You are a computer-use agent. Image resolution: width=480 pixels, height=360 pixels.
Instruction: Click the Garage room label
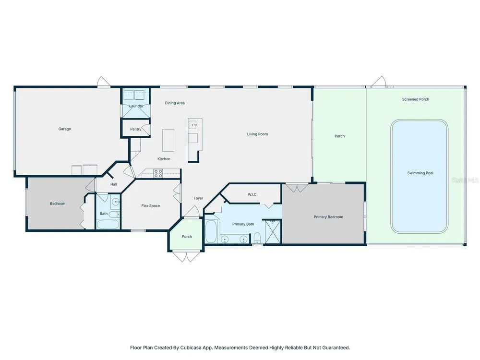click(65, 129)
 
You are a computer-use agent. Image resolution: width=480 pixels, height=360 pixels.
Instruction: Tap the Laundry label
click(136, 106)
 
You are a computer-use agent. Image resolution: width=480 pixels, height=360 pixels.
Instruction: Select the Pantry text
click(136, 129)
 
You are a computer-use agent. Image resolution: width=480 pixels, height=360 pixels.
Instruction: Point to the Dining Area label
click(175, 103)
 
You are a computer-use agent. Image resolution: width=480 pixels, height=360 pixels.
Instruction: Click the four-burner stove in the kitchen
click(158, 173)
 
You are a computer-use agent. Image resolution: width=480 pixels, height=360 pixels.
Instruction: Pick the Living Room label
click(257, 134)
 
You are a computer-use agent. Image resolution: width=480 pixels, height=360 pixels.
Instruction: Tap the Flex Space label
click(151, 206)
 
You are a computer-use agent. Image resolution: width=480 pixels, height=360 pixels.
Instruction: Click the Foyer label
click(198, 198)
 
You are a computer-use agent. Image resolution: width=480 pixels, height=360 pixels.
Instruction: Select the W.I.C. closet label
click(252, 194)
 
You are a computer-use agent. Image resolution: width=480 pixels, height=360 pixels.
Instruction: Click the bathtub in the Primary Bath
click(211, 231)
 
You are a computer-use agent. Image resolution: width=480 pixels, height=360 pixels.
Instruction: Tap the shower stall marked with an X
click(273, 231)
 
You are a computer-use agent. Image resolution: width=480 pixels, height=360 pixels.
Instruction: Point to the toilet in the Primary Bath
click(257, 238)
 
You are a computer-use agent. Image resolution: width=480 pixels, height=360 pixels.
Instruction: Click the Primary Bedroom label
click(328, 217)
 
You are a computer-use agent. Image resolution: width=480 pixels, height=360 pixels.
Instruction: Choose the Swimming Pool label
click(420, 173)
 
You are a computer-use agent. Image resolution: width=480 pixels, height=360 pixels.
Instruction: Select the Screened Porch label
click(415, 99)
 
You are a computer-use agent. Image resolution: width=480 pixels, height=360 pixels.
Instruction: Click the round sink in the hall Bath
click(115, 202)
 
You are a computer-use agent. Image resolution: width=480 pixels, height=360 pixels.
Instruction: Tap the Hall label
click(114, 184)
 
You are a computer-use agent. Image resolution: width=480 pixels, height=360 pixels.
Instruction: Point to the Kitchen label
click(164, 159)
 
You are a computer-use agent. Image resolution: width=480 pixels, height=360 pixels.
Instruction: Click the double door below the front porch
click(186, 256)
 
